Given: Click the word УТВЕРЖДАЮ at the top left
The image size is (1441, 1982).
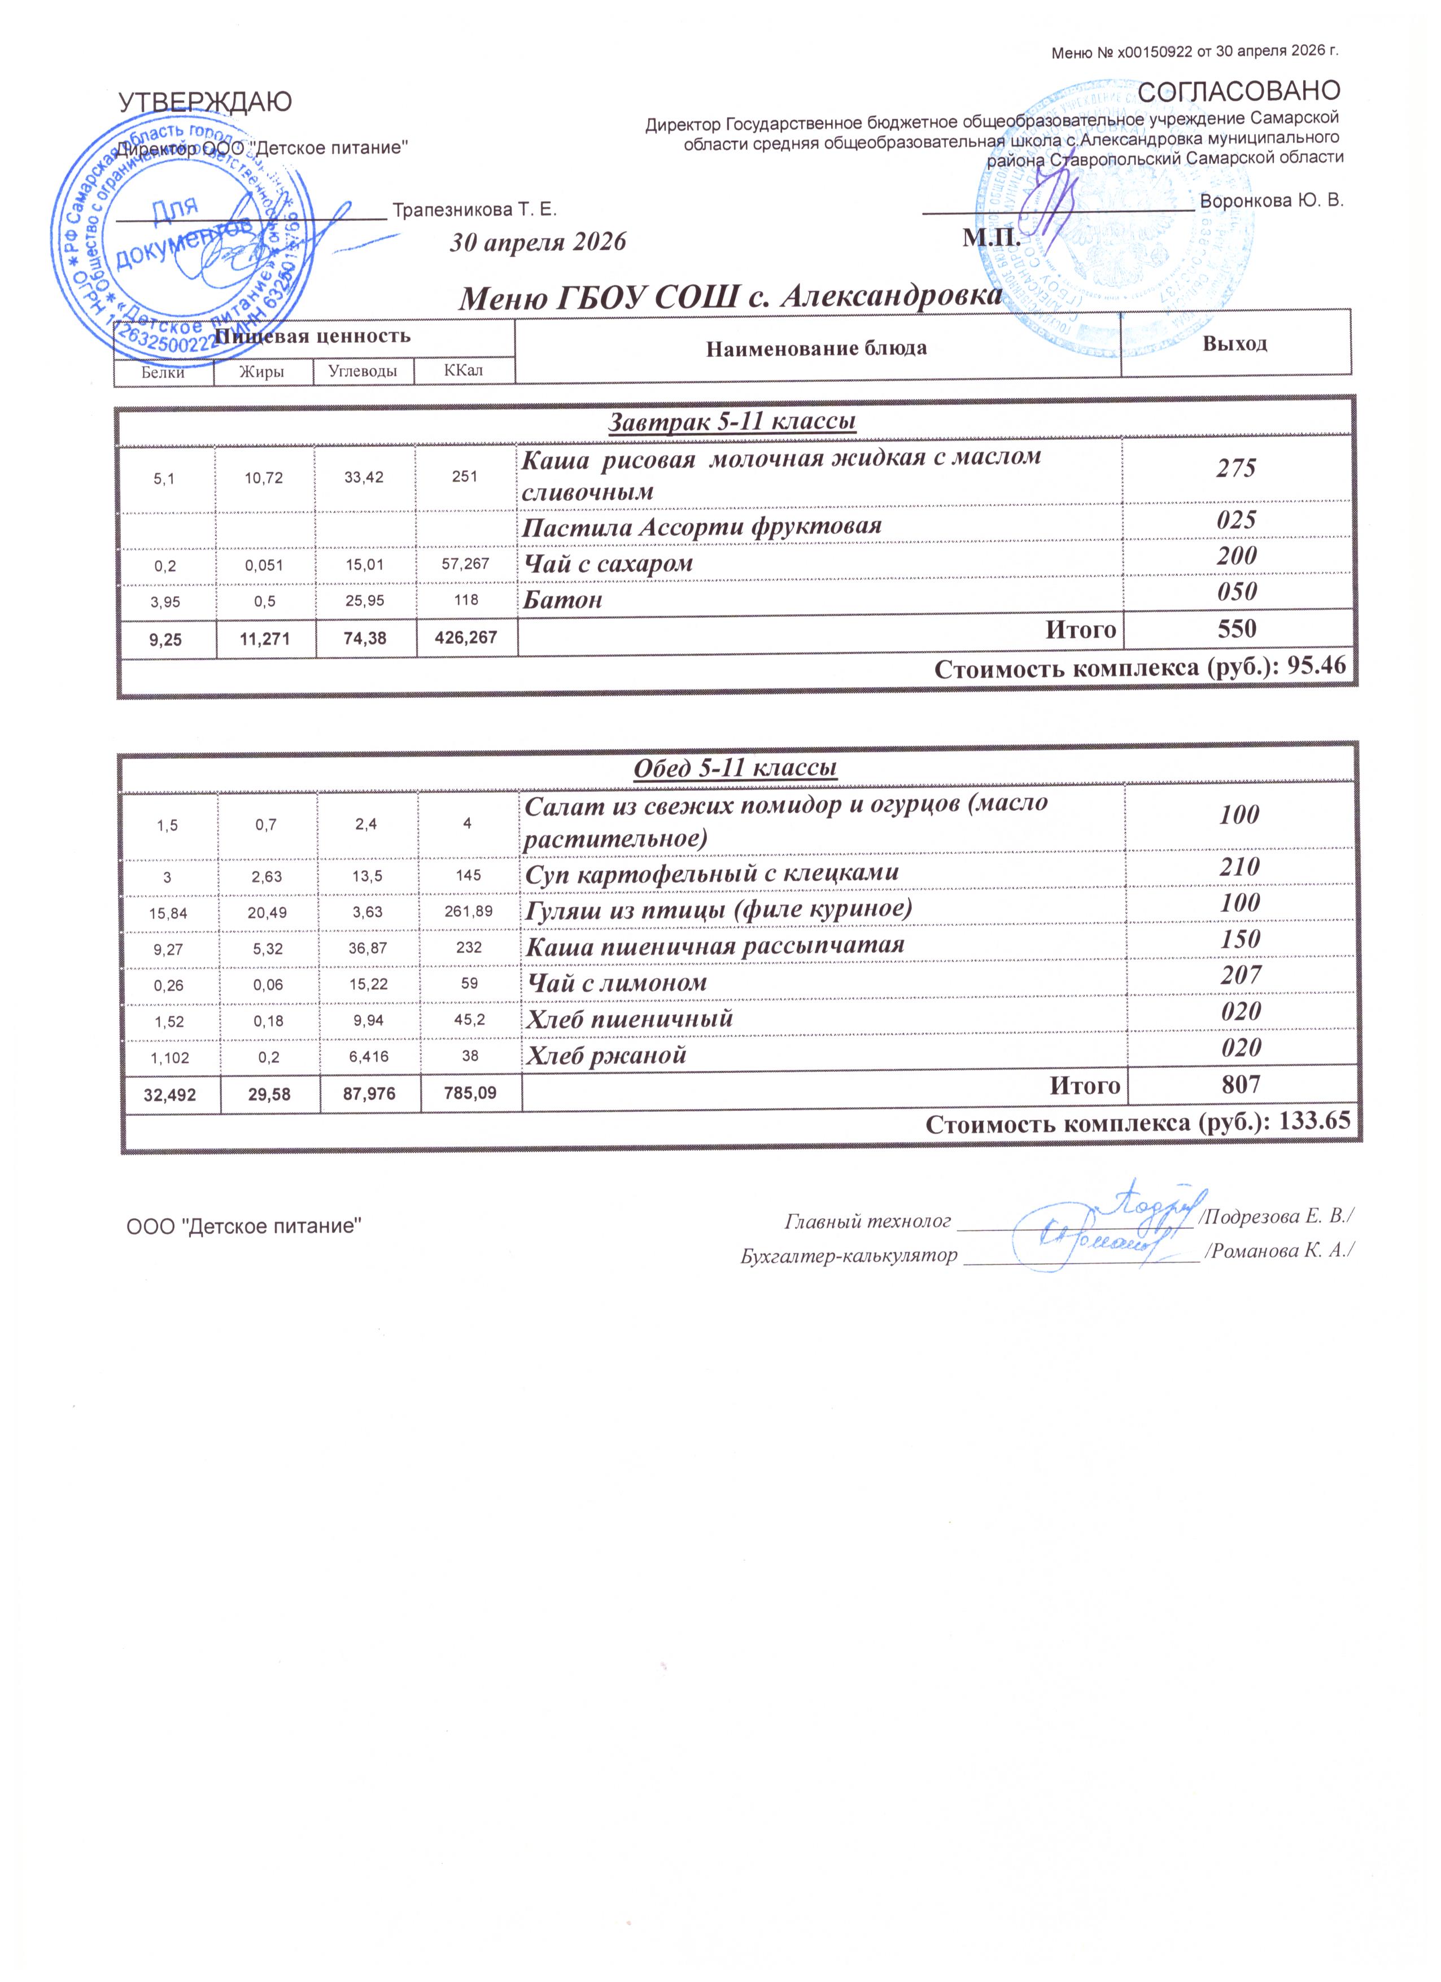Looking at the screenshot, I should pyautogui.click(x=206, y=102).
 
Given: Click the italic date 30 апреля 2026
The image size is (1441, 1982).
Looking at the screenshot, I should pyautogui.click(x=538, y=242).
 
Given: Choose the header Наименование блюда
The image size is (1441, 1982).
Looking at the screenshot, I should pyautogui.click(x=816, y=349).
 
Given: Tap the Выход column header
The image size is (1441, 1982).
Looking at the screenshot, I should pyautogui.click(x=1235, y=343).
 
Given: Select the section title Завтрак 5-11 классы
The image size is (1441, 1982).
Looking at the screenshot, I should pyautogui.click(x=731, y=422).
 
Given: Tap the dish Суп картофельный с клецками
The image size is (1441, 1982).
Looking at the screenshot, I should pyautogui.click(x=711, y=873).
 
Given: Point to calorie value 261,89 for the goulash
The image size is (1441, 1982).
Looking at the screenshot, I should pyautogui.click(x=469, y=911).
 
